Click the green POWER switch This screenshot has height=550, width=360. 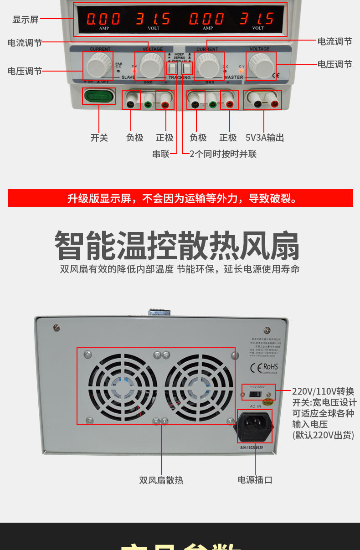click(x=98, y=97)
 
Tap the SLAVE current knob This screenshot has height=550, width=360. click(x=98, y=66)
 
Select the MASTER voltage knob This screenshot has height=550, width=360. click(x=261, y=66)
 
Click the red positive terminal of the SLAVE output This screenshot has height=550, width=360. click(x=165, y=105)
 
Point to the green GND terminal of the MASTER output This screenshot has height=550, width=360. click(x=212, y=105)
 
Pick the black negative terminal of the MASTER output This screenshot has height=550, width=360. click(x=196, y=105)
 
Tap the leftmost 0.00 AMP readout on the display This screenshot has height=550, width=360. click(x=103, y=19)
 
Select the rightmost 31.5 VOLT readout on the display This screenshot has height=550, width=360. click(x=257, y=19)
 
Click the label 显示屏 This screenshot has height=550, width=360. click(x=26, y=20)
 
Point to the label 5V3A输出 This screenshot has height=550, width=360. click(x=264, y=138)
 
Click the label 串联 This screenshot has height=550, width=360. click(x=161, y=154)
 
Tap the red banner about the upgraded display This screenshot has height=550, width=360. click(x=180, y=198)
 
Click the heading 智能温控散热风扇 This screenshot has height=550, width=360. click(x=177, y=246)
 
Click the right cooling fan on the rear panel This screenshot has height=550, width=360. click(x=196, y=387)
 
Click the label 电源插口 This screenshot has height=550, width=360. click(x=255, y=480)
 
